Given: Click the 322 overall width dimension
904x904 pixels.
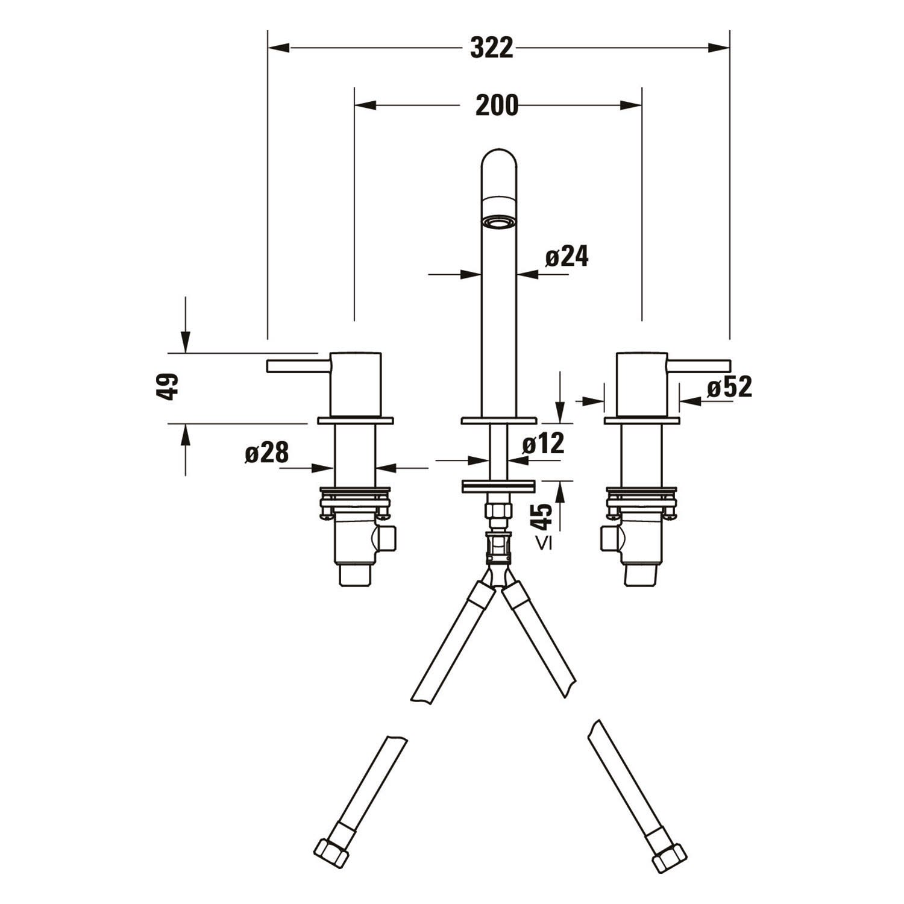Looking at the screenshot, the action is (492, 48).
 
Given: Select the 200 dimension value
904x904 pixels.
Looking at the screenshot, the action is (497, 105).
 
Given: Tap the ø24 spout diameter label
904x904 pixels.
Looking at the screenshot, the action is (567, 257).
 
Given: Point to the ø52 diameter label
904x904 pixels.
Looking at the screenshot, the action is (730, 387).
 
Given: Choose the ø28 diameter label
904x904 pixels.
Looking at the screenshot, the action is (267, 452).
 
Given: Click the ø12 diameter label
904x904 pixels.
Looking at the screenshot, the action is (543, 444).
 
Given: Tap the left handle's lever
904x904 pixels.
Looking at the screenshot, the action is (299, 366).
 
